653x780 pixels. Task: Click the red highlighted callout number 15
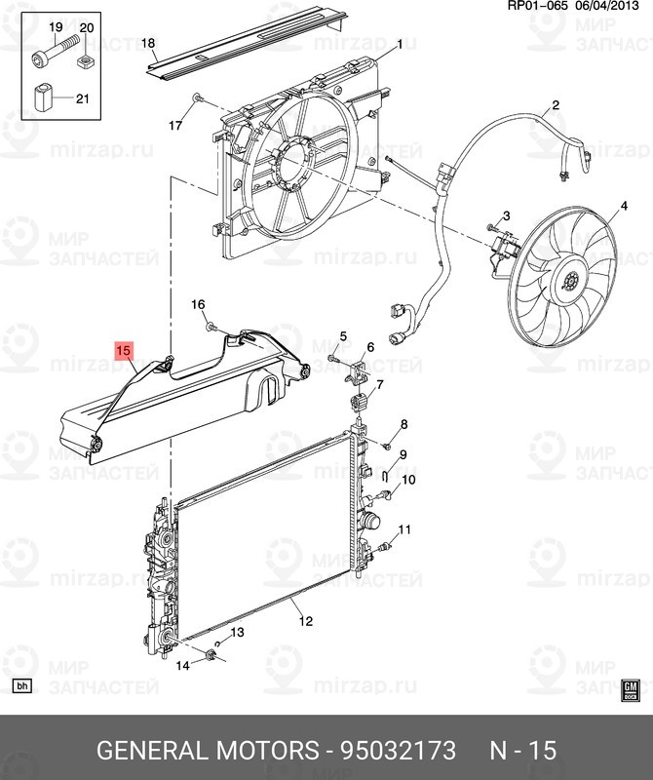[124, 350]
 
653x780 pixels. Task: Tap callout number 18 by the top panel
[148, 43]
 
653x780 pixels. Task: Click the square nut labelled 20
[86, 61]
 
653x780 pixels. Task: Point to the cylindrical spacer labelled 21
[44, 98]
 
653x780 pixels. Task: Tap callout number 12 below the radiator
[306, 620]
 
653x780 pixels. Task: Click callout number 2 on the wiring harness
[556, 105]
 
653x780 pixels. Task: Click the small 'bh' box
[21, 686]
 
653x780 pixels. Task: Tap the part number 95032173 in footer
[398, 750]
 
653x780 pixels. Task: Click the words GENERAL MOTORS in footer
[208, 750]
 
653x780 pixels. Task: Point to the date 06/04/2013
[607, 6]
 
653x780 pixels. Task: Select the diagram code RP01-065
[537, 6]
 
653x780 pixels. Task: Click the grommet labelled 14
[211, 655]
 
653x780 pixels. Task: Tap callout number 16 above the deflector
[198, 304]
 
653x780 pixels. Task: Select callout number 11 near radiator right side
[404, 529]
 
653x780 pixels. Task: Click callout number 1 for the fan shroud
[399, 46]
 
